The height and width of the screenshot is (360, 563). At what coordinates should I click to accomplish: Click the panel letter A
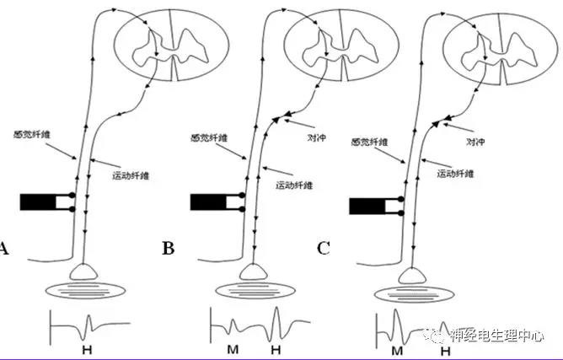coord(4,249)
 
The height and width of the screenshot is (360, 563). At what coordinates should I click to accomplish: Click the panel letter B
coord(167,249)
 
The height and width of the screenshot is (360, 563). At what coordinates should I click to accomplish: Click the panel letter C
coord(324,249)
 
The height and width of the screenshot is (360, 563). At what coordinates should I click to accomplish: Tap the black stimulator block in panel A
coord(38,202)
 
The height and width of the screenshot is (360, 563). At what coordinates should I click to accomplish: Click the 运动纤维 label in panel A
coord(131,175)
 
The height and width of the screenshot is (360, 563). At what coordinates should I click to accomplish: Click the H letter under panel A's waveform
coord(86,347)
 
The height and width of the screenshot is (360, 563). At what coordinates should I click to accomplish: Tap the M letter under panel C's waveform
coord(394,347)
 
